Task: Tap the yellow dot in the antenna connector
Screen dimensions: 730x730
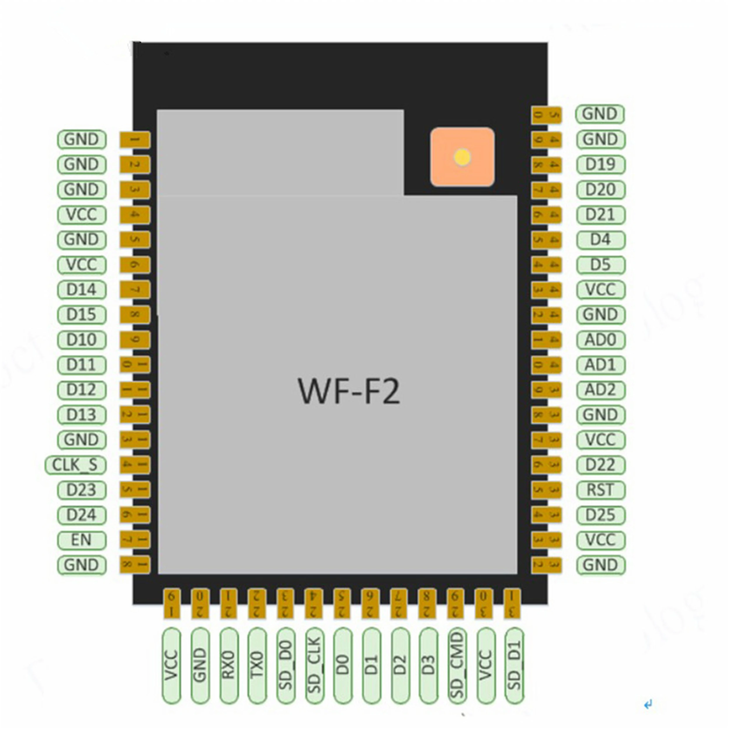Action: tap(463, 157)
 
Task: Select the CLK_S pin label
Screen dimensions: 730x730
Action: tap(75, 465)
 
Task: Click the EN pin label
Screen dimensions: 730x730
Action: tap(82, 540)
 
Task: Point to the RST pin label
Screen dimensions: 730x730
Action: tap(600, 490)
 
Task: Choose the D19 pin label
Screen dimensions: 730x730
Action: tap(600, 164)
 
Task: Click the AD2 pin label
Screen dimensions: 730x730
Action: tap(600, 390)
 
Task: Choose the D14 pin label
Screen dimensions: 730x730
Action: tap(82, 290)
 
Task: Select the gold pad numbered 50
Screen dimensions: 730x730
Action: tap(546, 114)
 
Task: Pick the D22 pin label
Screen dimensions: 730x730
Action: tap(600, 465)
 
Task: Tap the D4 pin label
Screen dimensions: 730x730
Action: tap(600, 239)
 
